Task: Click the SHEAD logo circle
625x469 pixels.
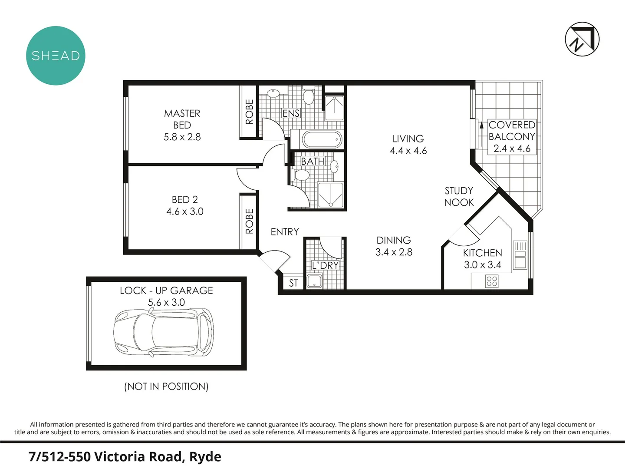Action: (x=56, y=56)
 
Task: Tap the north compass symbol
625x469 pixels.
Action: (x=582, y=39)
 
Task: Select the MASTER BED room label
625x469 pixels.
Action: (x=182, y=119)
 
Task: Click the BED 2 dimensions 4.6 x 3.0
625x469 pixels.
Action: (x=184, y=211)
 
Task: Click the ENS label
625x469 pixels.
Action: (x=291, y=113)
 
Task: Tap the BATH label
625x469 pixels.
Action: (x=312, y=161)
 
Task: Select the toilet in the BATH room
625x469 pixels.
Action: (x=301, y=175)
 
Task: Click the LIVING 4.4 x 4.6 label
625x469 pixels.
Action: (x=408, y=145)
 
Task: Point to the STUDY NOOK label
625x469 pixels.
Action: (x=459, y=196)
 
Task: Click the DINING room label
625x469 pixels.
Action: (x=394, y=240)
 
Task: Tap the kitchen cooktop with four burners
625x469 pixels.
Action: (x=492, y=281)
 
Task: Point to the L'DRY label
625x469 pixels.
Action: (x=325, y=265)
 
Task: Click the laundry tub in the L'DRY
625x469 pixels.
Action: (x=314, y=281)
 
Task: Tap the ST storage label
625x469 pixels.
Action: (x=293, y=283)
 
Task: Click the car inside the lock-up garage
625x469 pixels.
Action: (x=164, y=332)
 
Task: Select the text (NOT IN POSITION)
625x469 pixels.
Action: (x=166, y=386)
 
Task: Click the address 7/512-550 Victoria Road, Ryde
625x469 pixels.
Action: (x=125, y=456)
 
